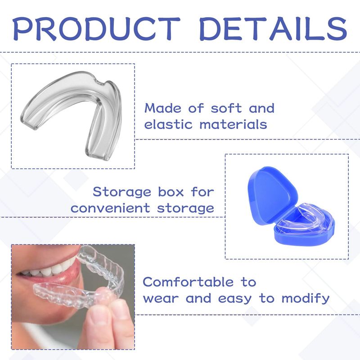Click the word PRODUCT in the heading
[x=97, y=29]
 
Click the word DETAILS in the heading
[x=273, y=29]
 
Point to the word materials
[x=233, y=124]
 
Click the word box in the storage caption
[x=171, y=192]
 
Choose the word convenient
[x=110, y=208]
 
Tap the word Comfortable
[x=188, y=282]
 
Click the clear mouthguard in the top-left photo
[x=69, y=92]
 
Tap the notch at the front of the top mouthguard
[x=100, y=83]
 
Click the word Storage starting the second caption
[x=122, y=192]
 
